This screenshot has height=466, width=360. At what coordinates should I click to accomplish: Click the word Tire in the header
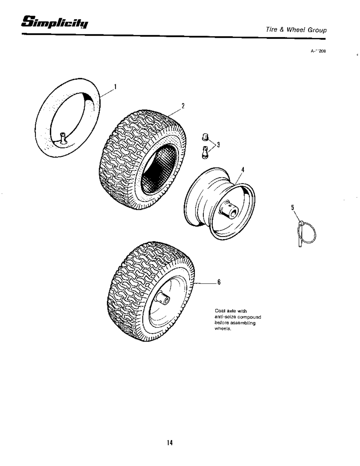tap(271, 30)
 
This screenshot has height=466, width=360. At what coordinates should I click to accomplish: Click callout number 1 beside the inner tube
tap(115, 86)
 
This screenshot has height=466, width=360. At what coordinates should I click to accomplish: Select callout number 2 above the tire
tap(183, 106)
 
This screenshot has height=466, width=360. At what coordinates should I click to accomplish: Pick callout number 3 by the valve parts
tap(218, 145)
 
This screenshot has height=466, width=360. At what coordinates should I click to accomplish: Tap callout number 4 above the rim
tap(243, 170)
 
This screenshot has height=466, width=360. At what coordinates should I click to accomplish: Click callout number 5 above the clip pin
tap(292, 207)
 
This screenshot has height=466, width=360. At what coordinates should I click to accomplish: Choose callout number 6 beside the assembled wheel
tap(219, 282)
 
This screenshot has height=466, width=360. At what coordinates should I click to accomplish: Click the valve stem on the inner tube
tap(63, 138)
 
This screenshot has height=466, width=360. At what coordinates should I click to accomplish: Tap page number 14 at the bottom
tap(169, 443)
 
